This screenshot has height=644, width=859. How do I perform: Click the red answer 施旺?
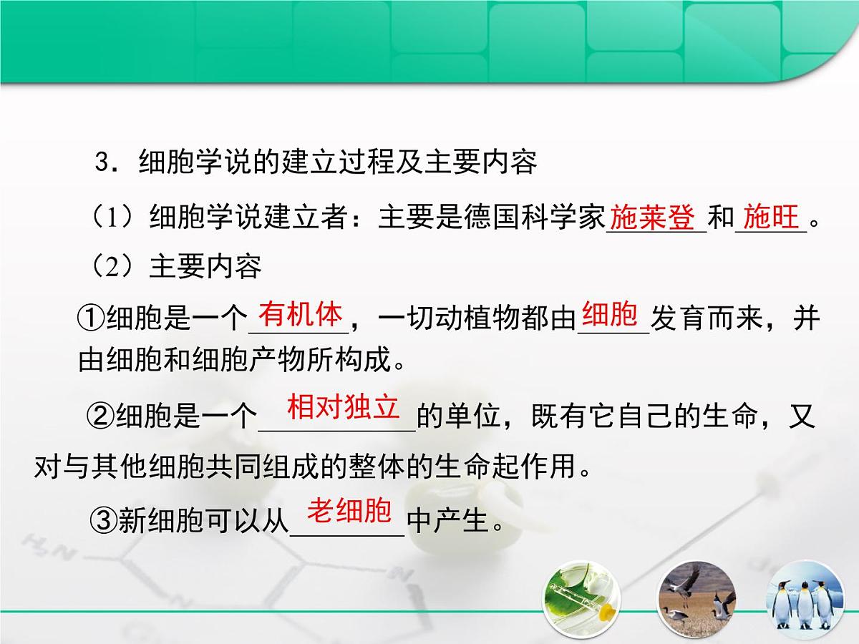(770, 217)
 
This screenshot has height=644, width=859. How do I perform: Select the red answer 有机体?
(301, 315)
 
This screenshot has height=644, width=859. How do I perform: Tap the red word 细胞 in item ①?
(610, 315)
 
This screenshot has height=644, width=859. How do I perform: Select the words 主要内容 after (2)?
(205, 266)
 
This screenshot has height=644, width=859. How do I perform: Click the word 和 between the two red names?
(720, 218)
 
